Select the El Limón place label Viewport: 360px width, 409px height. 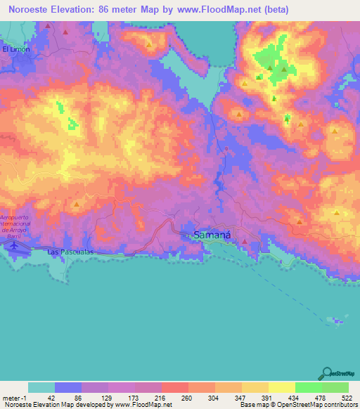tap(15, 49)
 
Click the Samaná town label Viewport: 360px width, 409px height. tap(212, 236)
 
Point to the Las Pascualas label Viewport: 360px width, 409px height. tap(70, 251)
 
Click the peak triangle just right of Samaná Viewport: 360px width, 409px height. tap(244, 242)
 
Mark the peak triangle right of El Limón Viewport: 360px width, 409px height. tap(48, 27)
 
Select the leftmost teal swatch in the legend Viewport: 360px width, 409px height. tap(41, 387)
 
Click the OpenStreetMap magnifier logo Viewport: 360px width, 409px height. tap(326, 372)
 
